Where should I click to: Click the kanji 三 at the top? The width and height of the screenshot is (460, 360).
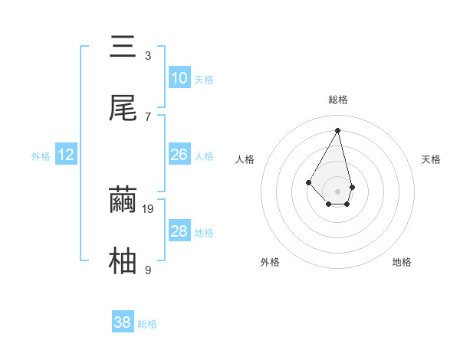tap(123, 47)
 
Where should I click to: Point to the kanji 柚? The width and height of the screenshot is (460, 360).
tap(123, 261)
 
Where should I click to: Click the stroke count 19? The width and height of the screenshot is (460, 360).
tap(149, 208)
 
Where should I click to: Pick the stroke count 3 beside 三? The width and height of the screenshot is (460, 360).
tap(148, 55)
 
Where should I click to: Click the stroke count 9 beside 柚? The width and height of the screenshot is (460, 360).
tap(148, 270)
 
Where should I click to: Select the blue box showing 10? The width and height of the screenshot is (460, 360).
tap(179, 78)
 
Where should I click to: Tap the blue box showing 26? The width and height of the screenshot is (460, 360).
tap(179, 155)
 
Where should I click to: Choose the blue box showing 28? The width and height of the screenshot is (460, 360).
tap(179, 231)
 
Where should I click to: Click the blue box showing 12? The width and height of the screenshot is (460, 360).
tap(66, 155)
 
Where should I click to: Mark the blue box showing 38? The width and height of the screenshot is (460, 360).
tap(123, 322)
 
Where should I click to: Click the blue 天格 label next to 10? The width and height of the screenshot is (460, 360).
tap(204, 80)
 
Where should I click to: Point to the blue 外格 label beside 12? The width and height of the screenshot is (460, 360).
tap(41, 156)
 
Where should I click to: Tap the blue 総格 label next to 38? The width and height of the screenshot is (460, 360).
tap(147, 324)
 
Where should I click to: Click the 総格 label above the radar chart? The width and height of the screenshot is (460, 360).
tap(337, 100)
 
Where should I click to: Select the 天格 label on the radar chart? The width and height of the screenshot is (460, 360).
tap(431, 159)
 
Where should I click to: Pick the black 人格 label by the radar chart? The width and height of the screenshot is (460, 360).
tap(245, 159)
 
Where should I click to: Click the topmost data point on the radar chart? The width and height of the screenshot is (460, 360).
tap(337, 130)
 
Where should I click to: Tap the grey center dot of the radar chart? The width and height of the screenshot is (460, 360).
tap(337, 190)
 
